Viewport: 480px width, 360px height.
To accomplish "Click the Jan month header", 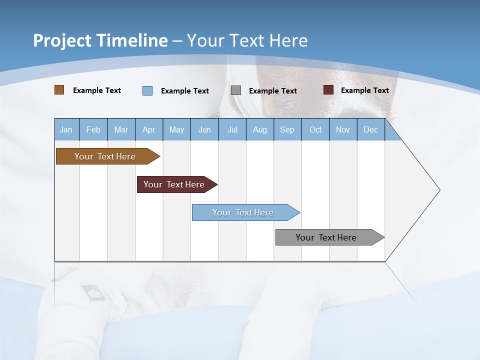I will [x=66, y=129].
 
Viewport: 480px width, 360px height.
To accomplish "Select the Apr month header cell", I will [x=149, y=129].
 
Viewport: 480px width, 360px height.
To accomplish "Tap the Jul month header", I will [x=232, y=129].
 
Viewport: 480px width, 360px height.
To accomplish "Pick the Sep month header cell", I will [x=287, y=129].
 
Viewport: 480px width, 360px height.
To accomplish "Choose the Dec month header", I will [x=370, y=129].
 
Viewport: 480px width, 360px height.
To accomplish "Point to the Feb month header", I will [x=93, y=129].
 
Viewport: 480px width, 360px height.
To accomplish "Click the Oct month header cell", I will [x=315, y=129].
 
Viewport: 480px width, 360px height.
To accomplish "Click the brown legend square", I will [x=59, y=90].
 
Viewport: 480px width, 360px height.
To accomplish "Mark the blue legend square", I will [x=147, y=90].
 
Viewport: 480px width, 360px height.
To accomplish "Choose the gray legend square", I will [x=236, y=90].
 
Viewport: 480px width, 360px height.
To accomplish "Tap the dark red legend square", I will [x=328, y=90].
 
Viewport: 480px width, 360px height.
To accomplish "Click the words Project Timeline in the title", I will [x=100, y=40].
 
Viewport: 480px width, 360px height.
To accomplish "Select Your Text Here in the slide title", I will [x=247, y=40].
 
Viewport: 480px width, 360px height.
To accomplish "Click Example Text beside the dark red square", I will [x=364, y=90].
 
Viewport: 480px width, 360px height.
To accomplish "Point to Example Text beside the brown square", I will [x=97, y=90].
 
